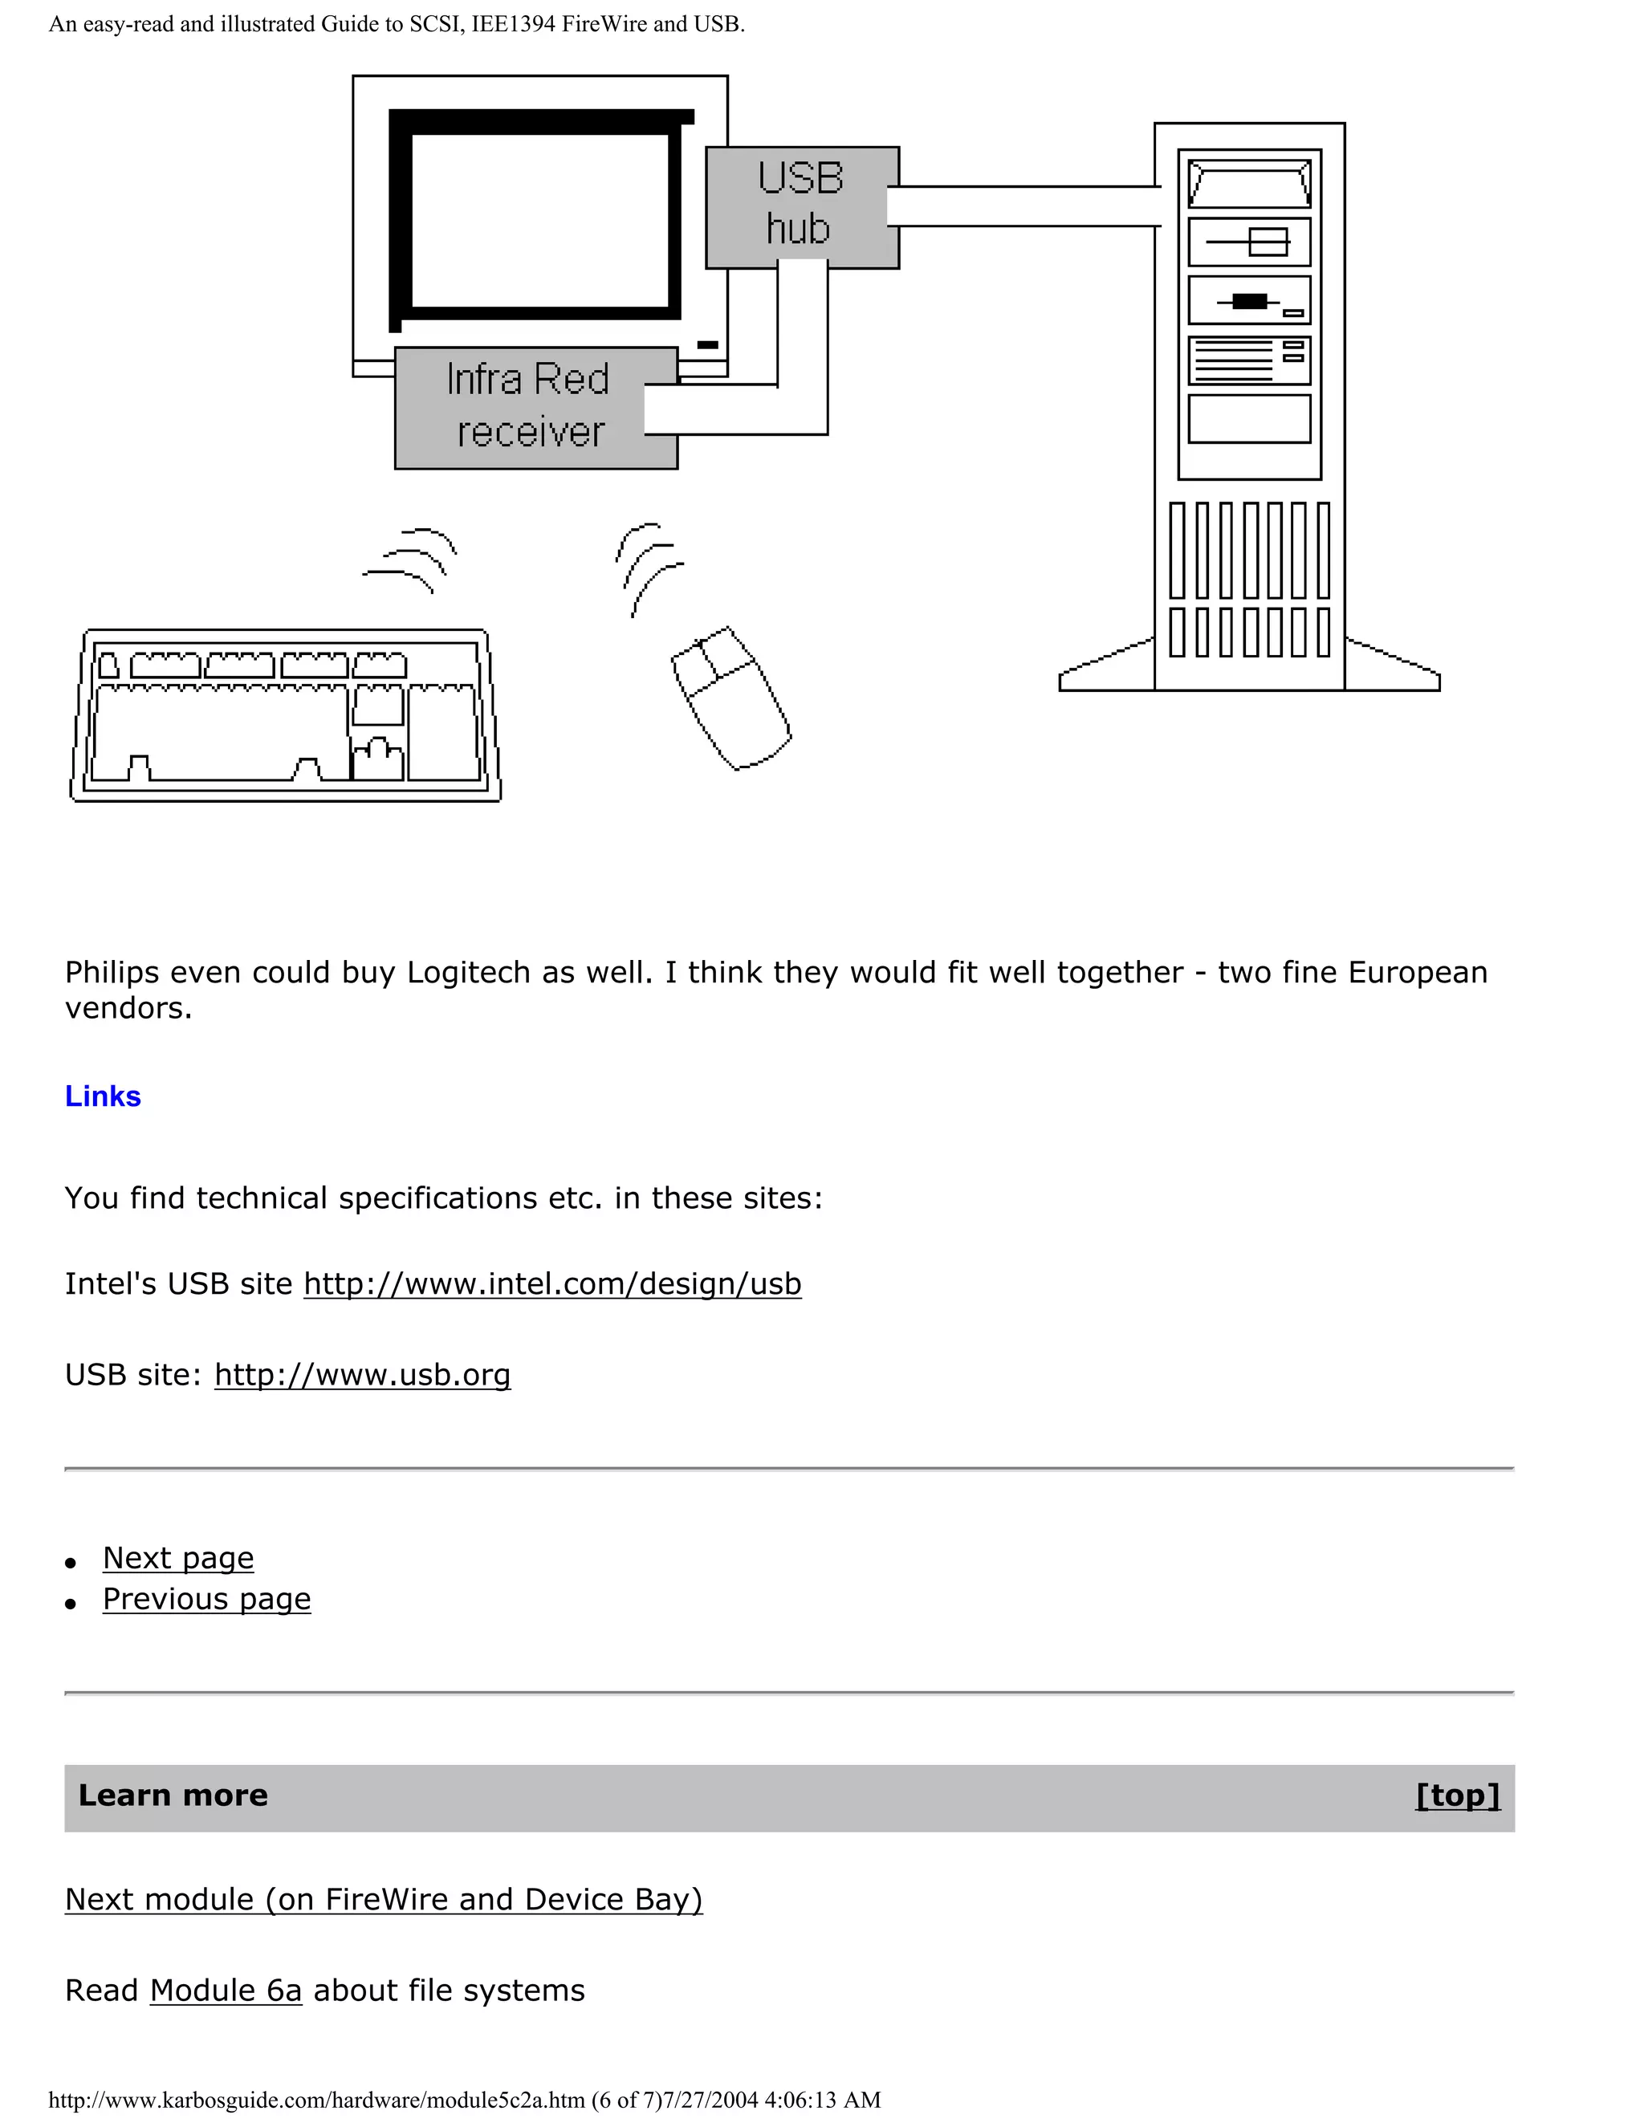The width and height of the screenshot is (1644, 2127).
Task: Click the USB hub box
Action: [x=800, y=205]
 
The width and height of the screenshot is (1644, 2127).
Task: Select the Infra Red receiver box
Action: [x=526, y=407]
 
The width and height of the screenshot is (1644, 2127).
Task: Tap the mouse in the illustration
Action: [x=730, y=697]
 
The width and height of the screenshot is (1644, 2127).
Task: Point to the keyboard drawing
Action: [x=285, y=716]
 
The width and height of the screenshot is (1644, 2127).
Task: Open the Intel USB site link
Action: [x=552, y=1283]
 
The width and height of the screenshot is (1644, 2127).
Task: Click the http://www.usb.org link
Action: [x=362, y=1374]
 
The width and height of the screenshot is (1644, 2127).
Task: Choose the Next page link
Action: [x=178, y=1558]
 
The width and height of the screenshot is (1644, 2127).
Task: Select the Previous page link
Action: [x=206, y=1599]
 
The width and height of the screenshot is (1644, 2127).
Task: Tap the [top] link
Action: [x=1457, y=1795]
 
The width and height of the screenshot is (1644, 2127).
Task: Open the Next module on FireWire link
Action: [x=384, y=1899]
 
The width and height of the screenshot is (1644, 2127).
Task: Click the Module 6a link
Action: [x=226, y=1990]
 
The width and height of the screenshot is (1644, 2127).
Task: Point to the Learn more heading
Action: [x=173, y=1795]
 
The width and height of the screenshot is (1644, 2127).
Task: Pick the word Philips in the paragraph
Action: [x=111, y=972]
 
